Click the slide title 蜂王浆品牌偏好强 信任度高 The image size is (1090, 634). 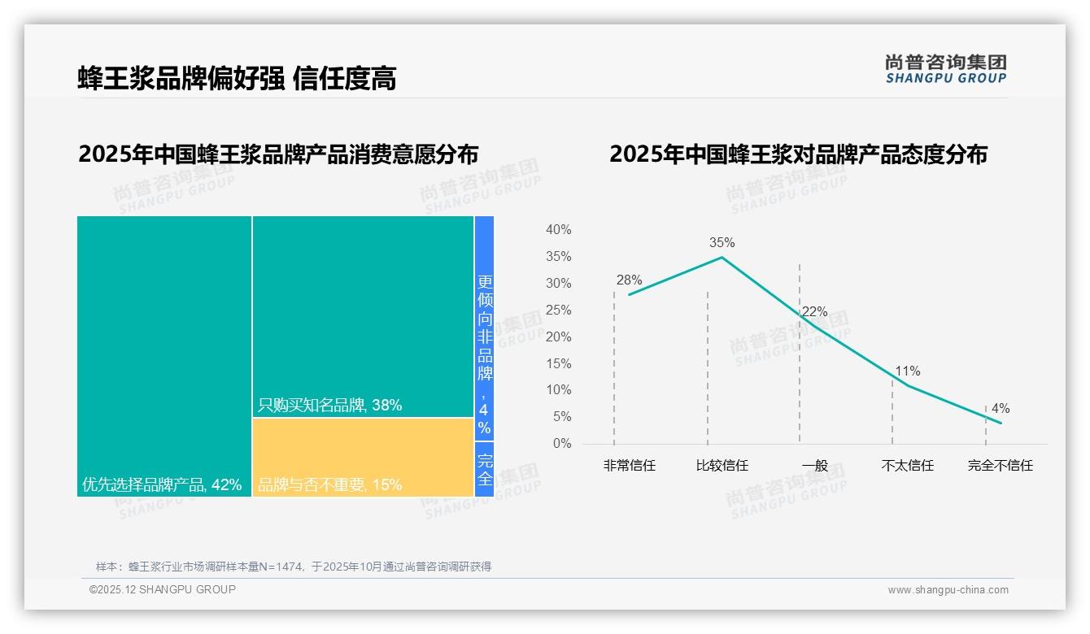tap(237, 78)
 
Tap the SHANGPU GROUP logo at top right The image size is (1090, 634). tap(946, 69)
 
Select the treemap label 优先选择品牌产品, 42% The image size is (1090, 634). tap(162, 484)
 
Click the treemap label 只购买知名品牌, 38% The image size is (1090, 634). tap(329, 405)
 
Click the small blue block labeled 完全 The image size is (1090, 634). tap(484, 469)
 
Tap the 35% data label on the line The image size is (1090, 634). tap(722, 242)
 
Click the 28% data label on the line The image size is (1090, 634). tap(629, 280)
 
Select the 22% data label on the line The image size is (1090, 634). tap(814, 311)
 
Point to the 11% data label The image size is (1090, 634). tap(907, 371)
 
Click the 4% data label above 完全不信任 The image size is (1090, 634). tap(1000, 408)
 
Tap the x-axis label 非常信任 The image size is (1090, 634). tap(629, 466)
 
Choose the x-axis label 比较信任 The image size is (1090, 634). tap(722, 466)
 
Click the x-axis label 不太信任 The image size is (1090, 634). tap(907, 466)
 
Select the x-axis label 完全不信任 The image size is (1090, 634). tap(1000, 466)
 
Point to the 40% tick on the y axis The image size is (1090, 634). tap(558, 230)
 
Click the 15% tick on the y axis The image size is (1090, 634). tap(558, 363)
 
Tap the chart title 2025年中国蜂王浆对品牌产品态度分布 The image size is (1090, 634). tap(798, 154)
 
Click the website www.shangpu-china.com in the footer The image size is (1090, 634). tap(948, 589)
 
